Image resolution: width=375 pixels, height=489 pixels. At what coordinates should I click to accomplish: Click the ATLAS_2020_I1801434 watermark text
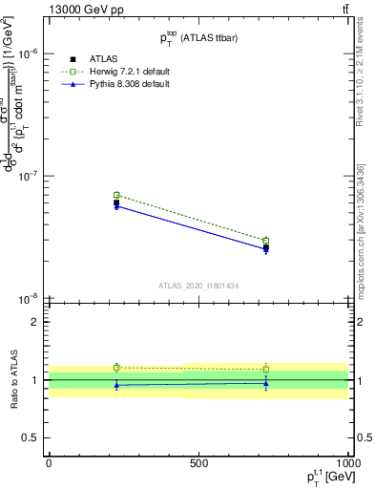(198, 285)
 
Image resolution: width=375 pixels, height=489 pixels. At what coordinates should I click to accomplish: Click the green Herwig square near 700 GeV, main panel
(266, 241)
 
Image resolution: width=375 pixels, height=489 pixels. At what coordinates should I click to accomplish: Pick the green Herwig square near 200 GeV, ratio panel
(116, 367)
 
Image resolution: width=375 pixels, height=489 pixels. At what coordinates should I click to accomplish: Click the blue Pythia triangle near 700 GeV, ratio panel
(266, 383)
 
